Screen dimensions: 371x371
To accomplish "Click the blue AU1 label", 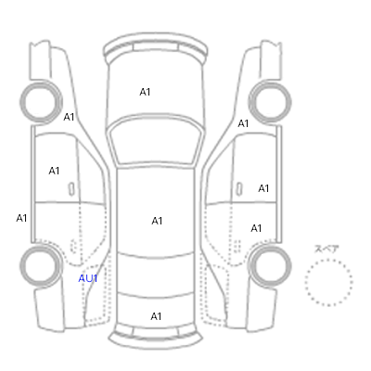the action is (x=88, y=278).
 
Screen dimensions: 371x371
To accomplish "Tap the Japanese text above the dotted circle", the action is (x=326, y=249).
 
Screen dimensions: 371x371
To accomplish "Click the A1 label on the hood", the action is (x=145, y=92).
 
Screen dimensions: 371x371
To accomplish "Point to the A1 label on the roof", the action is (x=157, y=221).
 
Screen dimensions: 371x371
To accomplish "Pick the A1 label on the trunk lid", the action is (x=156, y=316).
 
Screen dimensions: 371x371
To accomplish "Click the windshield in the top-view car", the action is (x=156, y=139).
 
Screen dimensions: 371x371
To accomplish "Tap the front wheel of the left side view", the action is (x=41, y=102).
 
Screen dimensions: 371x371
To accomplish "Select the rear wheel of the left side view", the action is (x=41, y=265).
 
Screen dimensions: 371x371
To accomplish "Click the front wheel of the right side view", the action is (x=270, y=102).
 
